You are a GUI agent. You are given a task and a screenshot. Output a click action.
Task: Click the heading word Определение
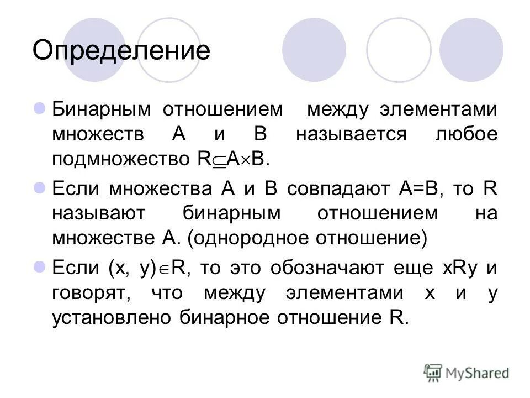tap(121, 51)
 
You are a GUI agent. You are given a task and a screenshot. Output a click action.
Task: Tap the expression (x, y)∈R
tap(145, 268)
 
